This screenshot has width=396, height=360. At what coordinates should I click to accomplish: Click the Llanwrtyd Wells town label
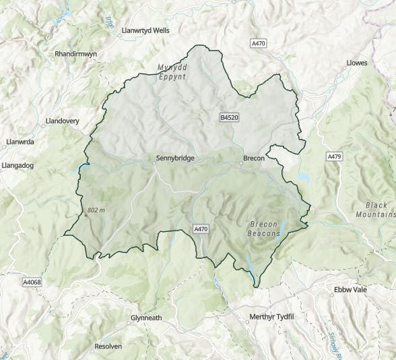(x=145, y=31)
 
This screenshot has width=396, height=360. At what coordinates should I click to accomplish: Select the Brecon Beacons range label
(x=265, y=229)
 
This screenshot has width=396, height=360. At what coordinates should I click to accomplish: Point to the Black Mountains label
(x=377, y=209)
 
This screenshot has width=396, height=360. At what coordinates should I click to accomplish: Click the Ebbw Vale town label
(x=351, y=290)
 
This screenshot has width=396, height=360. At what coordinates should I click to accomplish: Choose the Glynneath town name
(x=146, y=318)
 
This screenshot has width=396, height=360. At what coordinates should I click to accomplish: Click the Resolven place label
(x=108, y=346)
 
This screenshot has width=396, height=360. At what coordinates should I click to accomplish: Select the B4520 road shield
(x=230, y=117)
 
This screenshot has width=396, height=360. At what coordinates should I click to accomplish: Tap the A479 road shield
(x=335, y=156)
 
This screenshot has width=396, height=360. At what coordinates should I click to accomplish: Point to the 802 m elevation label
(x=97, y=210)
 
